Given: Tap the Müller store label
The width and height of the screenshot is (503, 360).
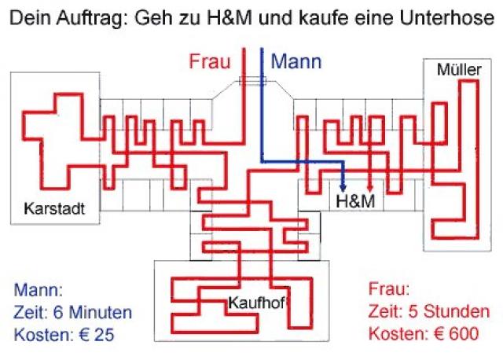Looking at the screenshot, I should (458, 71).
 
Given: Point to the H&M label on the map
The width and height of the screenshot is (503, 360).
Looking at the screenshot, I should (354, 201).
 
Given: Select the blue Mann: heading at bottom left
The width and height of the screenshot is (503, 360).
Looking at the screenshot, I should (37, 289).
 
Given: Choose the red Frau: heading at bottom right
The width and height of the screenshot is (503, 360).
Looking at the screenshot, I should (388, 289).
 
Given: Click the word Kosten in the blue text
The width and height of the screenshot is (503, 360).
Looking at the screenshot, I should (41, 333).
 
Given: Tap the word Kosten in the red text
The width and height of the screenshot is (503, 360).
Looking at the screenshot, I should (395, 333).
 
